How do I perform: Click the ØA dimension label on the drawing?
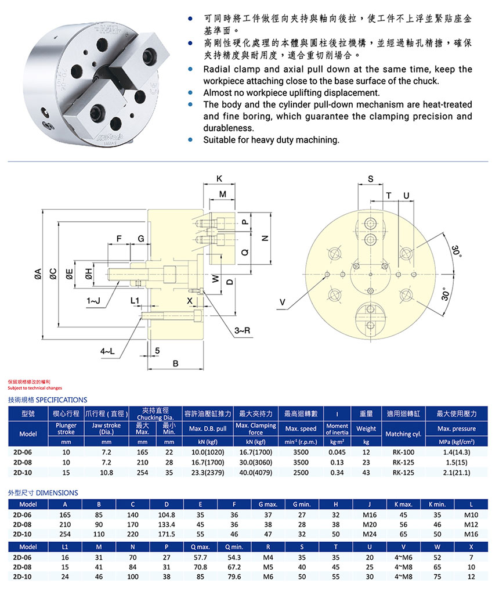coord(37,273)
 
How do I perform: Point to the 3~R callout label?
coord(242,330)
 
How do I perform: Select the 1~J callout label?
coord(93,301)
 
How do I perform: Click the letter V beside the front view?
coord(282,302)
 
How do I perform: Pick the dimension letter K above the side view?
coord(219,178)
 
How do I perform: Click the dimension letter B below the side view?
coord(176,363)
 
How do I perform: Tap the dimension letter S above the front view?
coord(370,178)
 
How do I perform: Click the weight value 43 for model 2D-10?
coord(366,473)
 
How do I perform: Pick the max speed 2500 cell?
coord(301,473)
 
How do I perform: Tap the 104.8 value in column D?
coord(167,514)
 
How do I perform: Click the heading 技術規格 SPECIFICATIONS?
coord(48,399)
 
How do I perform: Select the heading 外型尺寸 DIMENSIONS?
coord(43,492)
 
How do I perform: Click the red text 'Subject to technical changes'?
coord(35,387)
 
